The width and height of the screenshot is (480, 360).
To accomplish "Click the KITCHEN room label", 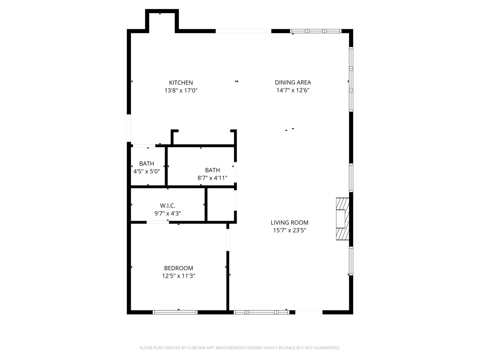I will (181, 83).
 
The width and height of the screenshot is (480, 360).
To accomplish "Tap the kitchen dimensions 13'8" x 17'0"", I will (181, 90).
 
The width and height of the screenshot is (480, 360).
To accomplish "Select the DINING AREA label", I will (293, 82).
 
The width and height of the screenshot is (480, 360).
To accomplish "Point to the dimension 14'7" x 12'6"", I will (293, 90).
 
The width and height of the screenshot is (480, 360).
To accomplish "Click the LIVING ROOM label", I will (289, 223).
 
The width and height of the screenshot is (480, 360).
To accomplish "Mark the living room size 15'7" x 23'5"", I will (289, 230).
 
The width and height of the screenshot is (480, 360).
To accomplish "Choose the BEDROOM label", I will (178, 268).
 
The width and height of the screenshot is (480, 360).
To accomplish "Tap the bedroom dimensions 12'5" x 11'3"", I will (178, 276).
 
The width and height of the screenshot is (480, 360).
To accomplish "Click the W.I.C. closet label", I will (167, 206).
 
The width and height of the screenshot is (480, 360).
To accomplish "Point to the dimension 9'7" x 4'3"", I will (167, 214).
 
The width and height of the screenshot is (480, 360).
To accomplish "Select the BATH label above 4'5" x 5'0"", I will (146, 164).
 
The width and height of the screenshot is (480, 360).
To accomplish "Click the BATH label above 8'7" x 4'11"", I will (212, 170).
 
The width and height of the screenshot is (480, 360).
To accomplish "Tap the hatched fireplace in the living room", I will (342, 219).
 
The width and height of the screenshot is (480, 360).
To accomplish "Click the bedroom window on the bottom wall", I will (175, 312).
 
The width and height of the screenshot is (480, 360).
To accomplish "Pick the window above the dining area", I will (316, 31).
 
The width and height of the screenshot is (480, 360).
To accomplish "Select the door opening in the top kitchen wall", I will (243, 31).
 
